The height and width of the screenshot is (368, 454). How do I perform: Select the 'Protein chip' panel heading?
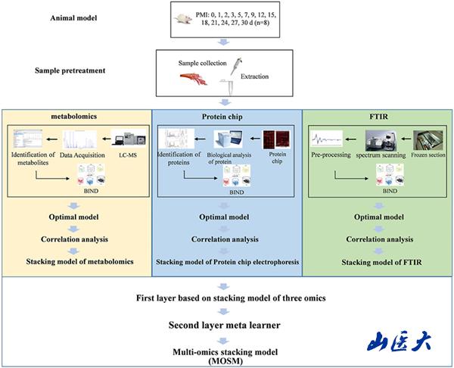(227, 118)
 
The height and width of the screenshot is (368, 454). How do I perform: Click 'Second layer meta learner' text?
(227, 326)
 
